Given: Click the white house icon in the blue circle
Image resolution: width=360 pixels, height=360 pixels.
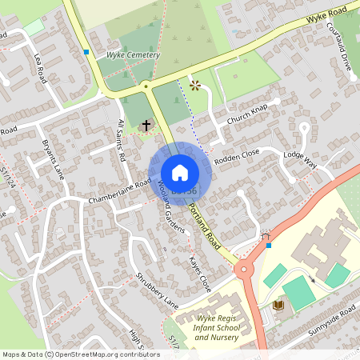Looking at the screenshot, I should click(x=180, y=172).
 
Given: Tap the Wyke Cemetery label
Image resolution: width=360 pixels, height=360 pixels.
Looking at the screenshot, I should click(x=133, y=55).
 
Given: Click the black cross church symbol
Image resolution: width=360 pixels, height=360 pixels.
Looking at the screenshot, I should click(x=146, y=126).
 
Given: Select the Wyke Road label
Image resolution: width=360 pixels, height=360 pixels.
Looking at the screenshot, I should click(x=327, y=14).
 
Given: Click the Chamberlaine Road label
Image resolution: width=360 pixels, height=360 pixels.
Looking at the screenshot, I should click(x=120, y=192).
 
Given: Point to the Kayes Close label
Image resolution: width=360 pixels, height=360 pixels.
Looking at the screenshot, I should click(x=199, y=273).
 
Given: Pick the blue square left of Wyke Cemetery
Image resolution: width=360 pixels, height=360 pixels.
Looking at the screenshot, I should click(x=86, y=52).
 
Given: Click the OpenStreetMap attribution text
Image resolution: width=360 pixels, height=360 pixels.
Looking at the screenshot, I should click(x=80, y=354).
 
